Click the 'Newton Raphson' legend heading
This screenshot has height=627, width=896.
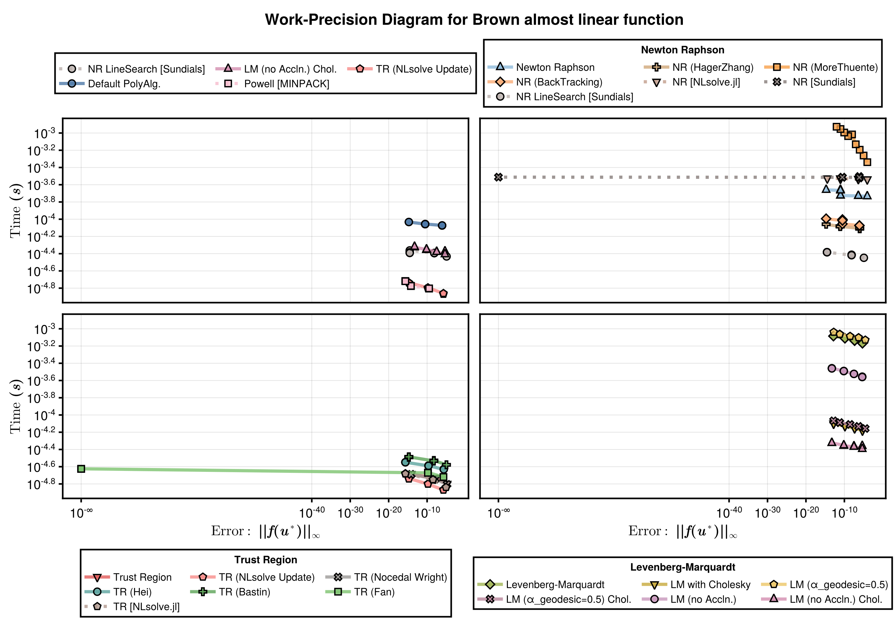point(683,50)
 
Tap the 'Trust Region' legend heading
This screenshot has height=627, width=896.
point(265,560)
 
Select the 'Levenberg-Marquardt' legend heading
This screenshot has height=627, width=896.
point(683,567)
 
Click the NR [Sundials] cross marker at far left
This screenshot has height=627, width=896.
point(498,177)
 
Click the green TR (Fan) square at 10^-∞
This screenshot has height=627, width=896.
point(81,469)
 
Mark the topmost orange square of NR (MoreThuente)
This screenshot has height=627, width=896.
point(836,127)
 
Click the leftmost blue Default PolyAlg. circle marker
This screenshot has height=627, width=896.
point(409,222)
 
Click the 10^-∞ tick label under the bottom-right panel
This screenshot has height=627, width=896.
point(498,513)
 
